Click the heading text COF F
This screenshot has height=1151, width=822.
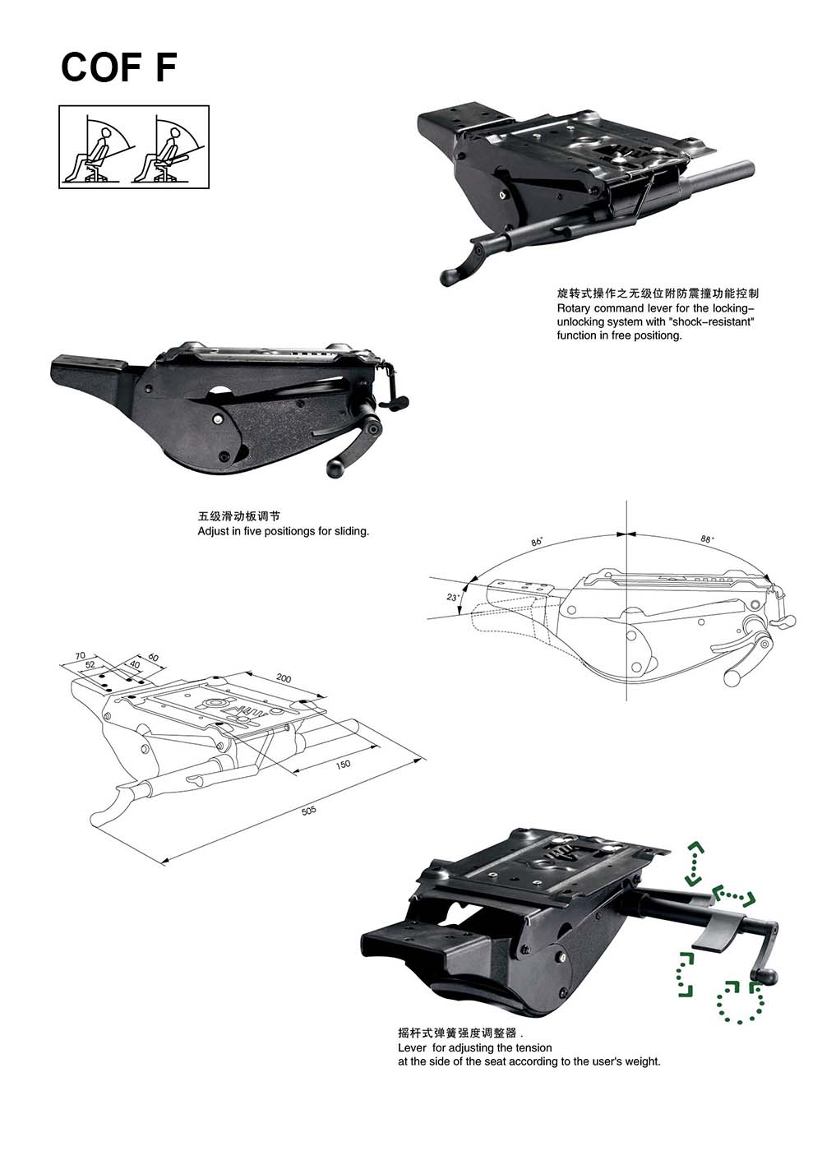pyautogui.click(x=118, y=67)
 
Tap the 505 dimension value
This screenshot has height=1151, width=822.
pyautogui.click(x=308, y=811)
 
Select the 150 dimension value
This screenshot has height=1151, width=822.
pyautogui.click(x=343, y=765)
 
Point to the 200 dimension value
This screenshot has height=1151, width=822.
pyautogui.click(x=284, y=677)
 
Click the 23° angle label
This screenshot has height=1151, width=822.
pyautogui.click(x=453, y=597)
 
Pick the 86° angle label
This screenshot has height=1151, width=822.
pyautogui.click(x=537, y=542)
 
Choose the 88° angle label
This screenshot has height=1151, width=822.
pyautogui.click(x=707, y=539)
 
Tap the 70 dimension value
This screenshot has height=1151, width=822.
pyautogui.click(x=81, y=656)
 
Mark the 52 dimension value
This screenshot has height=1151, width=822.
pyautogui.click(x=90, y=664)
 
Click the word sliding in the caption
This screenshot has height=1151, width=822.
pyautogui.click(x=352, y=531)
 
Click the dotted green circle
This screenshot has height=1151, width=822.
pyautogui.click(x=740, y=1001)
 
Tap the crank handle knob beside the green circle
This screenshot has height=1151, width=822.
pyautogui.click(x=764, y=974)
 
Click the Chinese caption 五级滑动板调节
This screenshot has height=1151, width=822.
pyautogui.click(x=239, y=516)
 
